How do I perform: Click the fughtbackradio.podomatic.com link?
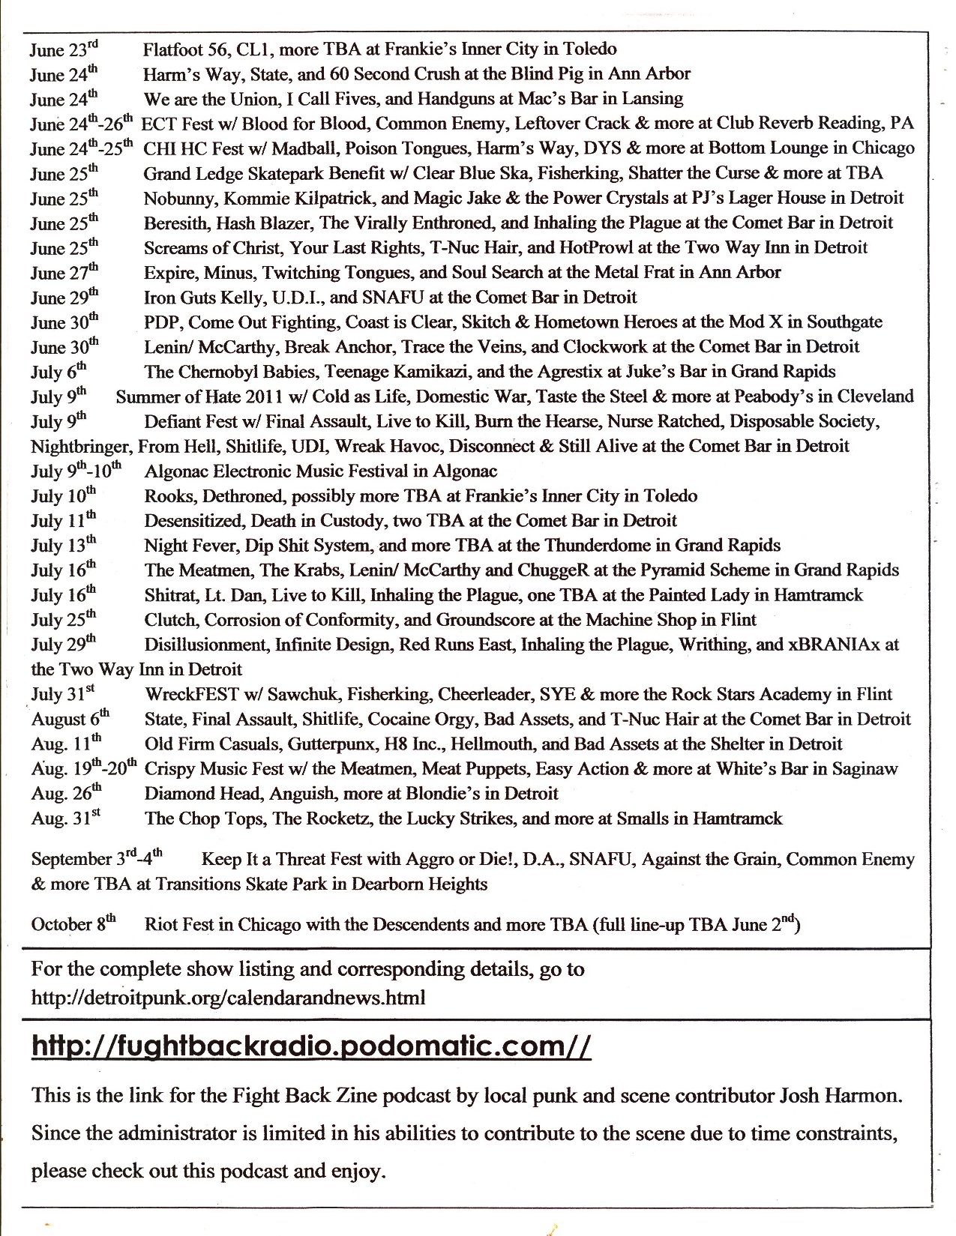pyautogui.click(x=311, y=1046)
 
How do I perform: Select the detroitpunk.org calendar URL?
pyautogui.click(x=228, y=998)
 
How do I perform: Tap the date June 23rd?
pyautogui.click(x=64, y=49)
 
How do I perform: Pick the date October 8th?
pyautogui.click(x=73, y=924)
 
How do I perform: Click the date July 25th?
pyautogui.click(x=64, y=620)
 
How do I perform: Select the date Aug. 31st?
pyautogui.click(x=65, y=818)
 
